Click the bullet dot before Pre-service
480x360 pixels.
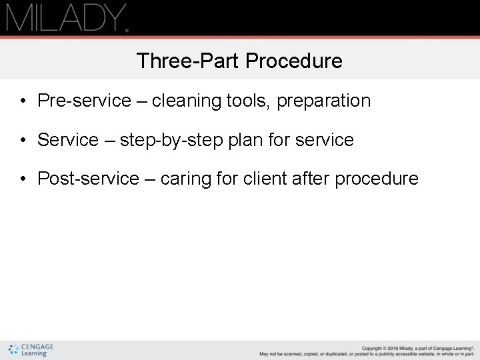23,101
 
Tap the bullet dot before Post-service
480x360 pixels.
23,179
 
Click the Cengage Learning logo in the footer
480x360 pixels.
31,349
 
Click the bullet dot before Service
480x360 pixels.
23,141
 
